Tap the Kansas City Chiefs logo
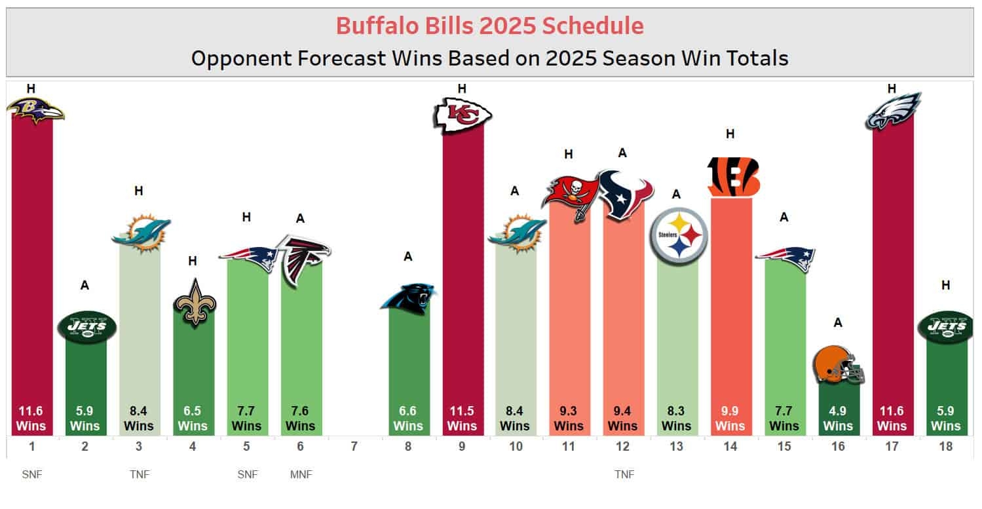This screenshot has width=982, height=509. [x=463, y=116]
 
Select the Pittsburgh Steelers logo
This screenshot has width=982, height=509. [x=678, y=236]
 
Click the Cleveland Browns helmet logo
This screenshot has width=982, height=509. [x=838, y=365]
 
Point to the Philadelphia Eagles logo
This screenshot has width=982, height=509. [x=893, y=111]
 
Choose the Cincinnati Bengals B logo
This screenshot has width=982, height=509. [x=732, y=176]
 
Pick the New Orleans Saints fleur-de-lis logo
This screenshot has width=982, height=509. [x=195, y=302]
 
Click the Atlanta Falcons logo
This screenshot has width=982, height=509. [x=302, y=258]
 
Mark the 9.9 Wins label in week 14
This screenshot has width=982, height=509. [x=731, y=419]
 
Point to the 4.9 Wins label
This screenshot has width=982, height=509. [x=838, y=419]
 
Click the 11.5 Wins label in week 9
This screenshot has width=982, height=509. [x=463, y=419]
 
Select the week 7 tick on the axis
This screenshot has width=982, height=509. [x=354, y=447]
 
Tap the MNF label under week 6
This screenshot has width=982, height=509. [x=301, y=474]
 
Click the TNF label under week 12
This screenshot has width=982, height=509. [x=624, y=474]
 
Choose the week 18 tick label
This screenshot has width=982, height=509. [x=945, y=447]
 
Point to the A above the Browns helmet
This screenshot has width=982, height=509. [x=838, y=323]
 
